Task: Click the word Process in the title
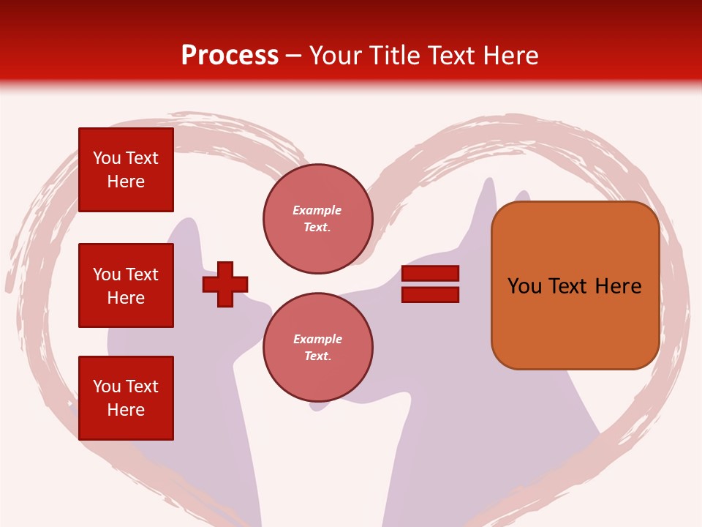click(230, 56)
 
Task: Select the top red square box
click(126, 170)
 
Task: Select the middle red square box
click(126, 285)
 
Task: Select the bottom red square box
click(126, 398)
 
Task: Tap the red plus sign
click(225, 284)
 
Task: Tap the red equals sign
click(430, 284)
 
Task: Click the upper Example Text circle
click(317, 219)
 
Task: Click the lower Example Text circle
click(317, 348)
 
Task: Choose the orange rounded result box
click(575, 285)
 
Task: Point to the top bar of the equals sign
click(430, 274)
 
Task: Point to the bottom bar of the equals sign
click(430, 295)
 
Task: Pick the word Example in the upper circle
click(317, 210)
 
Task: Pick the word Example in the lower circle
click(317, 339)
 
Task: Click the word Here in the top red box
click(126, 182)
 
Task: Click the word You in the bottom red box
click(106, 386)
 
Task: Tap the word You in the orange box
click(525, 286)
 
